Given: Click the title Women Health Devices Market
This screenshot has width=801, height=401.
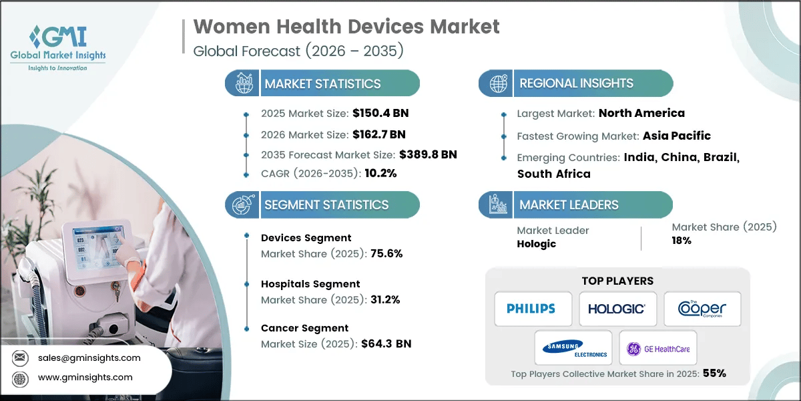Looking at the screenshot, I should (346, 27).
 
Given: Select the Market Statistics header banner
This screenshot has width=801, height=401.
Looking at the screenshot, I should (323, 84).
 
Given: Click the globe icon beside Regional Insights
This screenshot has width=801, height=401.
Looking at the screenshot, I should (497, 84).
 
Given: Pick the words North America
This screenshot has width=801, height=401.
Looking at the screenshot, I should (641, 113).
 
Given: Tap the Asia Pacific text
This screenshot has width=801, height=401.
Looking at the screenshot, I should (676, 136).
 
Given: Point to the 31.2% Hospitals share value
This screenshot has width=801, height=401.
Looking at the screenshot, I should (385, 299).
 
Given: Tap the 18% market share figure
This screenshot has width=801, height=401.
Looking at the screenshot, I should (682, 241).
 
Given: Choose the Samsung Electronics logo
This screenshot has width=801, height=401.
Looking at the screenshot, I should (573, 348).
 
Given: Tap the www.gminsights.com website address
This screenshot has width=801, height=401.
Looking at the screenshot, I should (85, 378).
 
